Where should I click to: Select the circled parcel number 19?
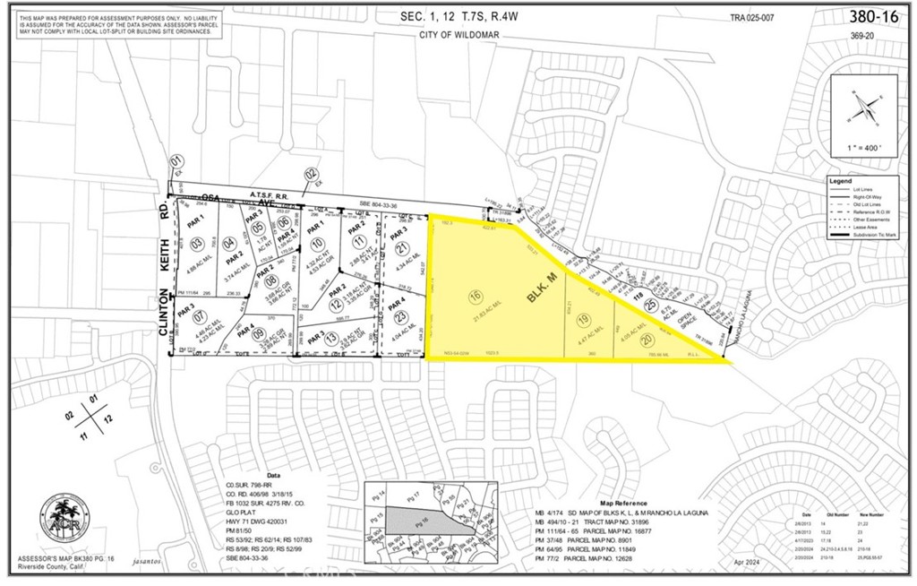pyautogui.click(x=584, y=320)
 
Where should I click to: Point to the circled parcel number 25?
pyautogui.click(x=651, y=306)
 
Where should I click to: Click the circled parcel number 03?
pyautogui.click(x=197, y=243)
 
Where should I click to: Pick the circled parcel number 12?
pyautogui.click(x=335, y=307)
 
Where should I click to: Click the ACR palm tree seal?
pyautogui.click(x=57, y=520)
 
